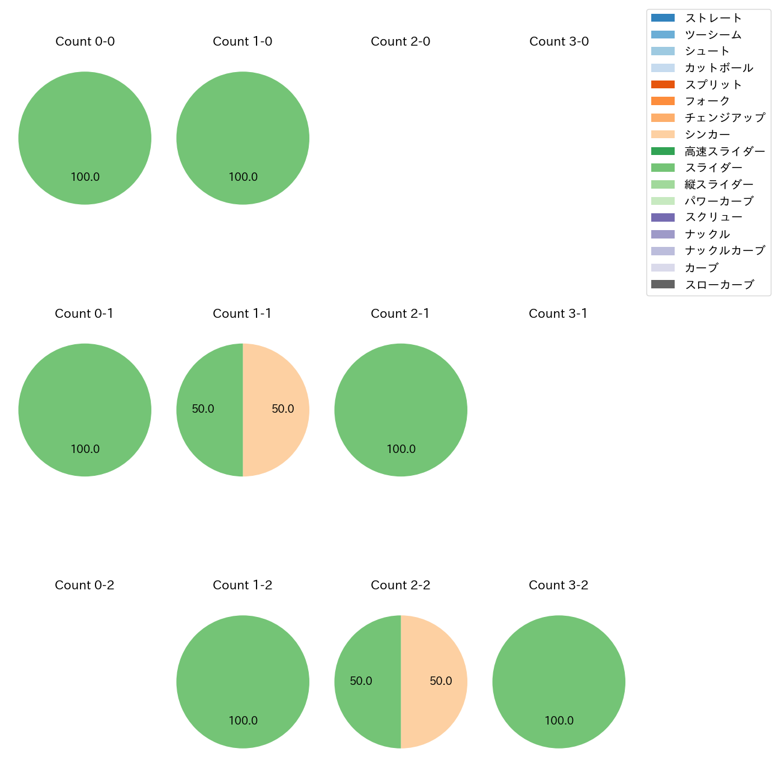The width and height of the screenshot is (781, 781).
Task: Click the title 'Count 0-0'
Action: click(85, 41)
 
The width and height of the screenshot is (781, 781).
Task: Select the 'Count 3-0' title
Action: click(559, 41)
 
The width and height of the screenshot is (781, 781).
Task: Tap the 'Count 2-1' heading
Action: click(400, 314)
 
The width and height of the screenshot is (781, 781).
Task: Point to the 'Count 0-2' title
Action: click(84, 585)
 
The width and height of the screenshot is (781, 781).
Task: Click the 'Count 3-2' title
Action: click(558, 585)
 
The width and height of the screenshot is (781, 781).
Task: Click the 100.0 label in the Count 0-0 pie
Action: click(85, 177)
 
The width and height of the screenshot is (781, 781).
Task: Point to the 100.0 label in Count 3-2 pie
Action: click(559, 721)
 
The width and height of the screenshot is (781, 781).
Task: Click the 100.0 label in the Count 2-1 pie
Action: click(401, 449)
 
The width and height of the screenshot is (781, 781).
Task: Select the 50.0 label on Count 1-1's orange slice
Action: click(283, 409)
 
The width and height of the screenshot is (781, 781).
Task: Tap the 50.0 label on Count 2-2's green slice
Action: click(361, 681)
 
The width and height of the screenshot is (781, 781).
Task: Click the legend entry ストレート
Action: click(713, 18)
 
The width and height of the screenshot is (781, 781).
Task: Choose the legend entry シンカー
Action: click(707, 135)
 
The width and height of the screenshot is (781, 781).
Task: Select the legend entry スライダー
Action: click(713, 168)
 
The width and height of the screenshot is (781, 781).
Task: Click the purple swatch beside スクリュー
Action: click(663, 217)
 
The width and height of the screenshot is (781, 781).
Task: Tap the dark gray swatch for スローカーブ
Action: click(663, 284)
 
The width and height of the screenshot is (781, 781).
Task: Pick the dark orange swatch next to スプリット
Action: click(663, 85)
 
